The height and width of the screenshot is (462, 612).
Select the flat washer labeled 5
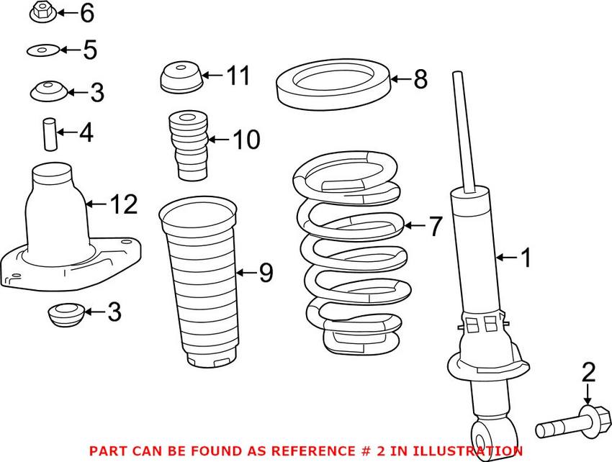click(42, 50)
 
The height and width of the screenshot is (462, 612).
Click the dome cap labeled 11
click(179, 78)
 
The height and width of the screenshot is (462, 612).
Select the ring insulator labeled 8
click(333, 86)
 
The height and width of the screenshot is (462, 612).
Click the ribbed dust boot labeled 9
click(198, 281)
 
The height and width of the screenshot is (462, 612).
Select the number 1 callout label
click(526, 257)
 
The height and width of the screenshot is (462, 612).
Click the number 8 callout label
click(420, 79)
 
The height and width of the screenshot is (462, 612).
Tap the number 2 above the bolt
click(588, 372)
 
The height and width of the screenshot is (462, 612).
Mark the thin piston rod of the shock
click(464, 130)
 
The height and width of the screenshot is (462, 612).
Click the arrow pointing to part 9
click(245, 272)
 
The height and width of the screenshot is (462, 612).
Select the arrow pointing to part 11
click(212, 74)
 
